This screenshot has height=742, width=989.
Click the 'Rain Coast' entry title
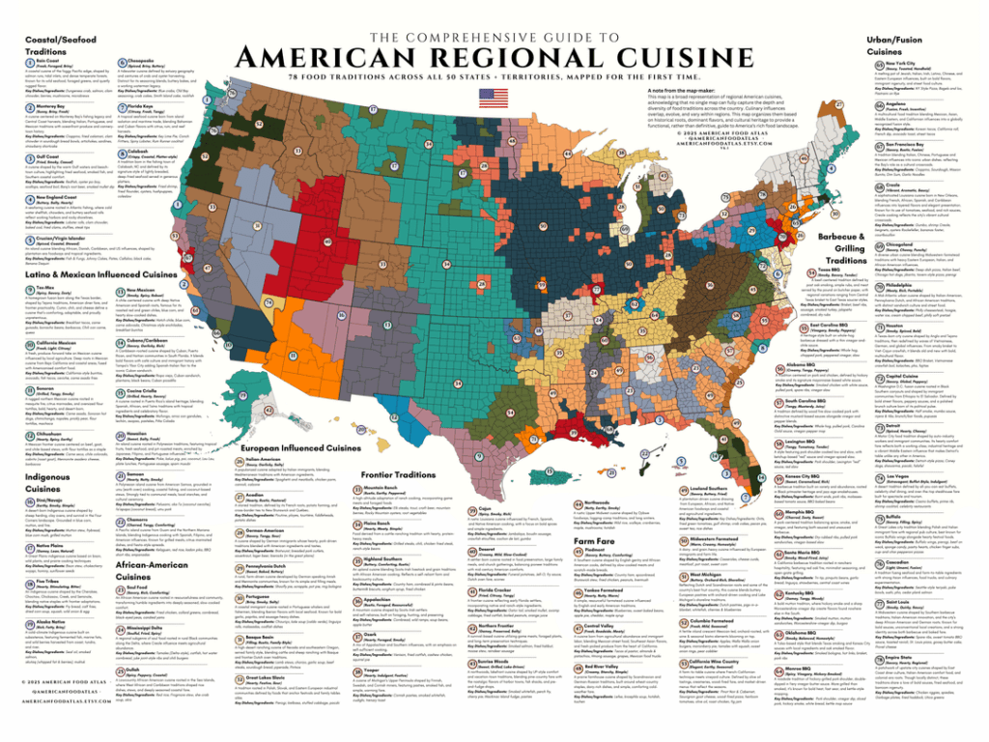(34, 57)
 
